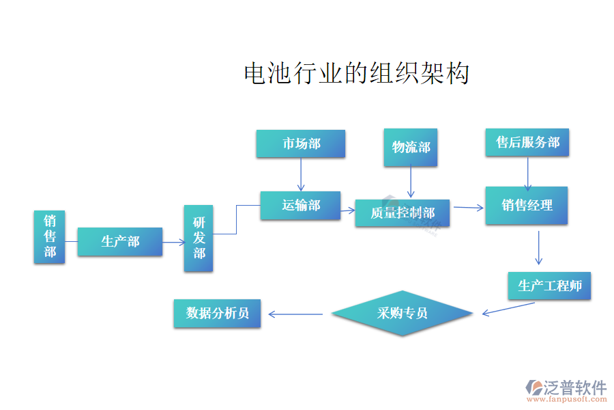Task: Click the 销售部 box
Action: [50, 236]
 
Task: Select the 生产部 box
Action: [120, 242]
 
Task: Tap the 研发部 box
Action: [199, 238]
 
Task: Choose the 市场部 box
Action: [301, 143]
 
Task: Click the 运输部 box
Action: [301, 205]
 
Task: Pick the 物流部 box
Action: [411, 147]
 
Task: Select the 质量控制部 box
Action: [403, 213]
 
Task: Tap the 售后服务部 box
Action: [527, 142]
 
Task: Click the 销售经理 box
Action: [526, 205]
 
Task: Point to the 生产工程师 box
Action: [549, 286]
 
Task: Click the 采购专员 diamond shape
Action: [402, 314]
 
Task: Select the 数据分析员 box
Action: [217, 314]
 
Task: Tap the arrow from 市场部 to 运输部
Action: [301, 174]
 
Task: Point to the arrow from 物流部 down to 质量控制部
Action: [411, 183]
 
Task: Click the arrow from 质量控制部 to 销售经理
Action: [468, 207]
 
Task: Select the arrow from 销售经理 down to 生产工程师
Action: [539, 247]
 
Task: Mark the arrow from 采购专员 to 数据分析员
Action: [295, 314]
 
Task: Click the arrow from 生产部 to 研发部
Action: [173, 241]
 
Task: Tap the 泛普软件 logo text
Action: [574, 388]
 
